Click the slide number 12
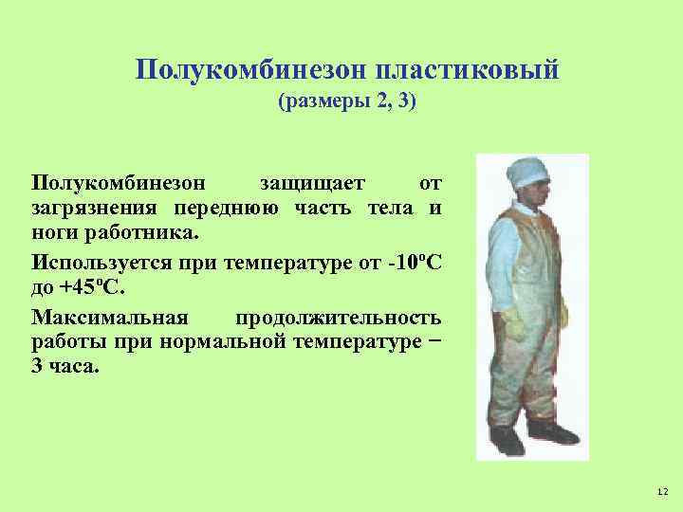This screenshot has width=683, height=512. [x=661, y=491]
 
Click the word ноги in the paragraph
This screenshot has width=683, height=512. [x=53, y=232]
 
